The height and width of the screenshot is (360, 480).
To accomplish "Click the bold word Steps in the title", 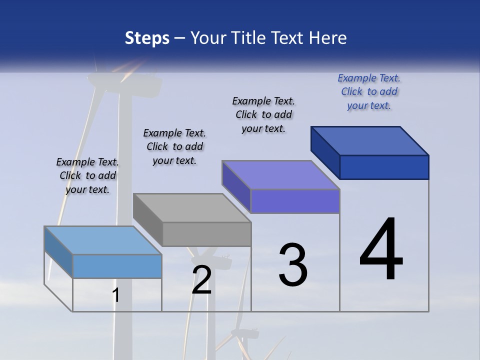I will tap(147, 38).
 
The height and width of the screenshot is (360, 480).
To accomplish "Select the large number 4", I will tap(381, 250).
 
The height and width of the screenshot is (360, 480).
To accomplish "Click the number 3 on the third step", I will tap(293, 265).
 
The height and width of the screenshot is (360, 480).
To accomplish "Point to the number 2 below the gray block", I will tap(201, 280).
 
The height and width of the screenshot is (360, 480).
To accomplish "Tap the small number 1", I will tap(115, 295).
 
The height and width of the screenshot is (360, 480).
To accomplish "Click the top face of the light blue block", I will tap(102, 240).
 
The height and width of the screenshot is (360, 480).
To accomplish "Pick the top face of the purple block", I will tap(280, 175).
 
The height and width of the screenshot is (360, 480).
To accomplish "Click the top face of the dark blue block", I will tap(369, 141).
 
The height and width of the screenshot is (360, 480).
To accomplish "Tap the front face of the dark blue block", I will tap(384, 167).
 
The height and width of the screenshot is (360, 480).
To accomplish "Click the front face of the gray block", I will tap(206, 234).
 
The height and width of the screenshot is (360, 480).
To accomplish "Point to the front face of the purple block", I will tap(295, 201).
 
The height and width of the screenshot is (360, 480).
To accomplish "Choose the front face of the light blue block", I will tap(117, 266).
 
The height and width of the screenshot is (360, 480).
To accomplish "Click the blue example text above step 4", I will tap(369, 91).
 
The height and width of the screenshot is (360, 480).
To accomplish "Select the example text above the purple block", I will tap(263, 114).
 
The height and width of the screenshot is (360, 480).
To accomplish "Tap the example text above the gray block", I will tap(174, 146).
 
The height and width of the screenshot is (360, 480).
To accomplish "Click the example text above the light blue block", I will tap(87, 175).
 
